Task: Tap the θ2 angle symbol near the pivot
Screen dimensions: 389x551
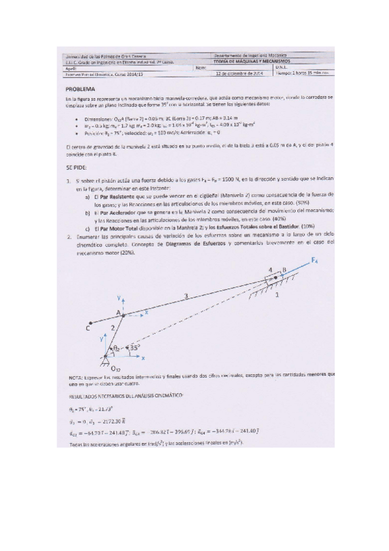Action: [117, 348]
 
